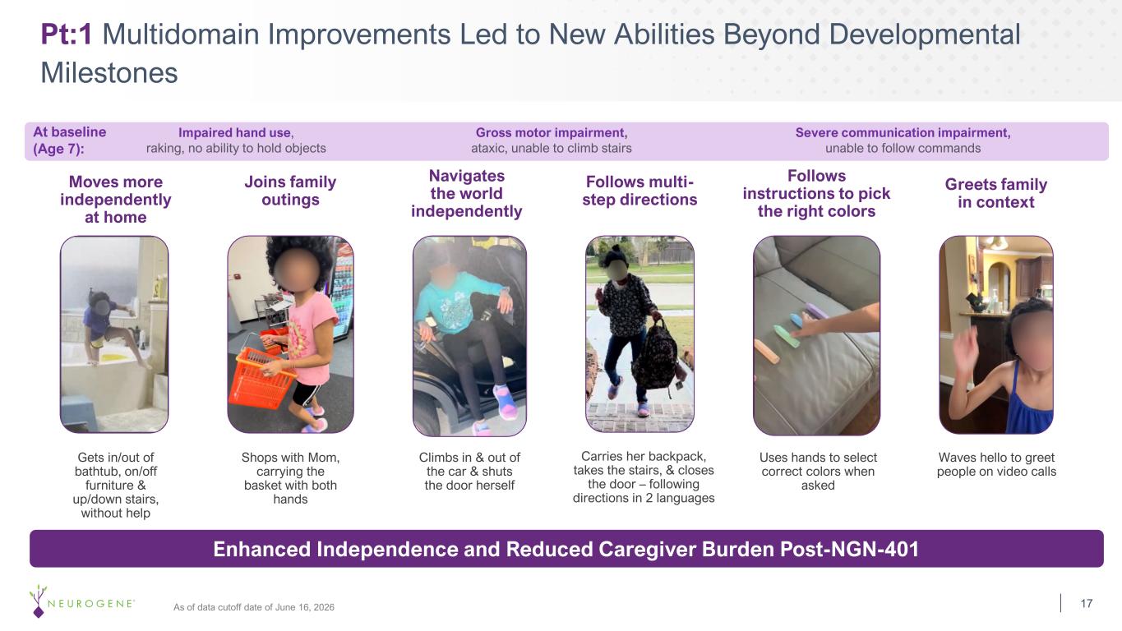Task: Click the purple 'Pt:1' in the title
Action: [x=66, y=35]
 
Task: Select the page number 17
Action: [x=1086, y=603]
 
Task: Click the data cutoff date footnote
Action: [x=254, y=607]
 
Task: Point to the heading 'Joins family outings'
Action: [x=290, y=191]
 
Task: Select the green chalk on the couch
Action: [x=787, y=336]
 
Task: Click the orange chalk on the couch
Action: [x=767, y=352]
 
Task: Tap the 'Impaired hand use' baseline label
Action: [x=235, y=133]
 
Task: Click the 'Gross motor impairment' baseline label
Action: [x=552, y=133]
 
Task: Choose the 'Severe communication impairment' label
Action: [x=903, y=133]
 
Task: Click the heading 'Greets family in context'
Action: [x=996, y=193]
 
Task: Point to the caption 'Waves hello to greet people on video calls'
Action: [x=996, y=464]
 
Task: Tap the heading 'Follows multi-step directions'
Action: [x=639, y=191]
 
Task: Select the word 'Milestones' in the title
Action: [x=109, y=72]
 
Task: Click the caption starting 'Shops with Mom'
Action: [x=290, y=477]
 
